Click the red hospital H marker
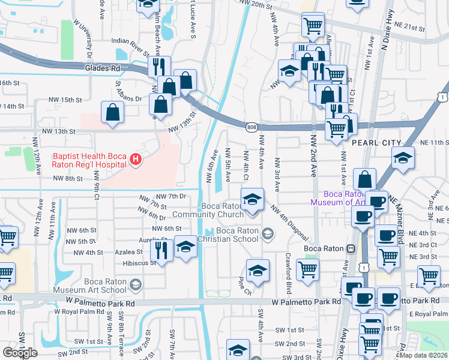[136, 160]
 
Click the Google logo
[20, 352]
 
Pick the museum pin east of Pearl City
[403, 157]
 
